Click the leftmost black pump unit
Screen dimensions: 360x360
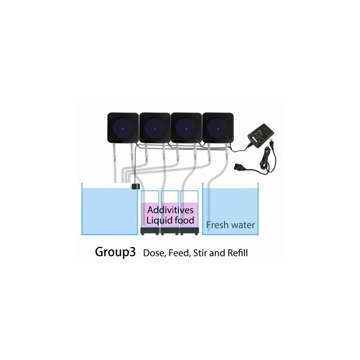coord(123,128)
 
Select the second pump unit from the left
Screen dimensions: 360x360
coord(155,128)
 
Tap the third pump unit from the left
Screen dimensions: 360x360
coord(186,128)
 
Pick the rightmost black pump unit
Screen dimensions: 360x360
coord(218,128)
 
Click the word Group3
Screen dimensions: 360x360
coord(115,252)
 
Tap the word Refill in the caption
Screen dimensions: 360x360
coord(238,253)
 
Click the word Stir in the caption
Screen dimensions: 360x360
coord(200,253)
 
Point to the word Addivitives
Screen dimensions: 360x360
coord(171,210)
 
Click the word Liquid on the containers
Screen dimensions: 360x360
coord(159,220)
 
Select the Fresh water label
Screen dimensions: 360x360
coord(230,225)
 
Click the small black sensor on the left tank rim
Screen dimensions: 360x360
coord(135,186)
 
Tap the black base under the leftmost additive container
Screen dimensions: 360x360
coord(150,231)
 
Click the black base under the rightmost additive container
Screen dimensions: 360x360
coord(189,231)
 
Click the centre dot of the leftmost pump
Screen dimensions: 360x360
coord(123,129)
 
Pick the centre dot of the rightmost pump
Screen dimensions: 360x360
coord(218,129)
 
